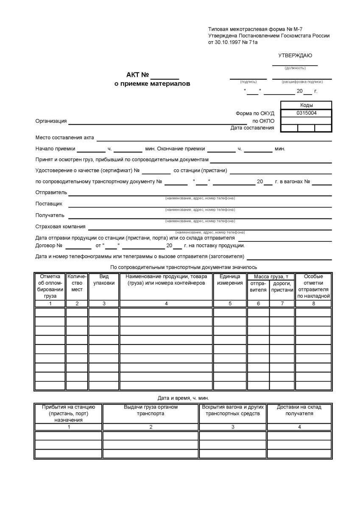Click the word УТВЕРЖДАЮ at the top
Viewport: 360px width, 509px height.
pos(295,56)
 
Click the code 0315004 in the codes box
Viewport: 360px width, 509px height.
pos(306,113)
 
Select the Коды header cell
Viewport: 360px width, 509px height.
pos(306,105)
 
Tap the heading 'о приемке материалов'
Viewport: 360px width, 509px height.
pos(152,84)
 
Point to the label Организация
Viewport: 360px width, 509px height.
pos(51,121)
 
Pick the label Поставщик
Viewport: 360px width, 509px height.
pos(49,204)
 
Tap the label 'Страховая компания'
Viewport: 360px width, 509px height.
pos(60,227)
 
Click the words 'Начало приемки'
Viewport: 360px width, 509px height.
pos(55,149)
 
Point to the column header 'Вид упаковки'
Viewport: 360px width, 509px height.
pos(104,280)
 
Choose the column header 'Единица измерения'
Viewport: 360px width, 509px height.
pos(230,280)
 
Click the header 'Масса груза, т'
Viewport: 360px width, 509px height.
pos(271,277)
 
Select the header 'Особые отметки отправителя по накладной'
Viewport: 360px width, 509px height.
pos(313,286)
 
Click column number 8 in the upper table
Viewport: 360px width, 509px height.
pos(313,304)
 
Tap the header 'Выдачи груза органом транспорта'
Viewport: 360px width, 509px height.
pos(151,410)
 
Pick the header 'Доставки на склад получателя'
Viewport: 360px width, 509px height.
pos(299,410)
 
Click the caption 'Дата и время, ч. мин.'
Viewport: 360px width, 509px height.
pos(183,398)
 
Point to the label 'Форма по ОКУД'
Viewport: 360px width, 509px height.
pos(255,113)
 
